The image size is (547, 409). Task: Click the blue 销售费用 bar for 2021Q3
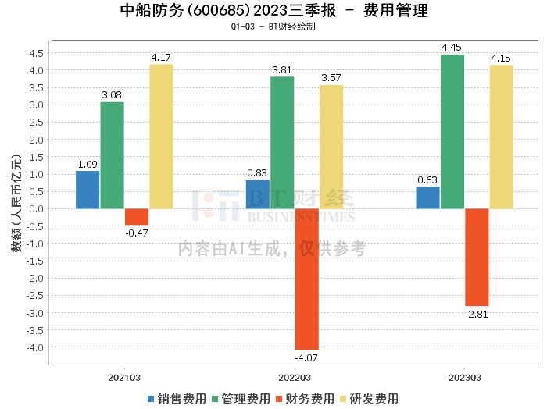(x=88, y=190)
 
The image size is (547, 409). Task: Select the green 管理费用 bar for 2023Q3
(x=452, y=132)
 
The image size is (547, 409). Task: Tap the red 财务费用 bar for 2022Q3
(x=307, y=279)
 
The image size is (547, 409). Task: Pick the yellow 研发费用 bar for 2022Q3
(x=331, y=147)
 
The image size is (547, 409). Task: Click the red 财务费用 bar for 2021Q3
(x=137, y=217)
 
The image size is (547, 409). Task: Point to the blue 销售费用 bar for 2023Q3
(x=427, y=198)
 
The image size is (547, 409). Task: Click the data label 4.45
(x=452, y=48)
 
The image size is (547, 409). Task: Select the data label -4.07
(x=306, y=357)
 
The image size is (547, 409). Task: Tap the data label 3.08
(x=112, y=94)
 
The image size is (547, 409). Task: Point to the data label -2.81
(x=477, y=315)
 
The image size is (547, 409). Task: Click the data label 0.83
(x=257, y=172)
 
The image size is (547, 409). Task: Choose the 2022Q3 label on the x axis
(x=295, y=378)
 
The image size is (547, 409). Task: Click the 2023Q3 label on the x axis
(x=465, y=378)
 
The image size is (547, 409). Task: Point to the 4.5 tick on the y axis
(x=36, y=53)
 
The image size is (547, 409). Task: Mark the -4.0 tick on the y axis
(x=35, y=347)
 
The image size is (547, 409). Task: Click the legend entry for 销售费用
(x=177, y=399)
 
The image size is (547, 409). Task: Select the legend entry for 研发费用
(x=369, y=399)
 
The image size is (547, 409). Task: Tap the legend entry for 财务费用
(x=305, y=399)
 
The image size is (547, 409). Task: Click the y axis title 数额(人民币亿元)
(x=16, y=203)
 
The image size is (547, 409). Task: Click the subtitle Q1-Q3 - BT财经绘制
(x=273, y=27)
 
